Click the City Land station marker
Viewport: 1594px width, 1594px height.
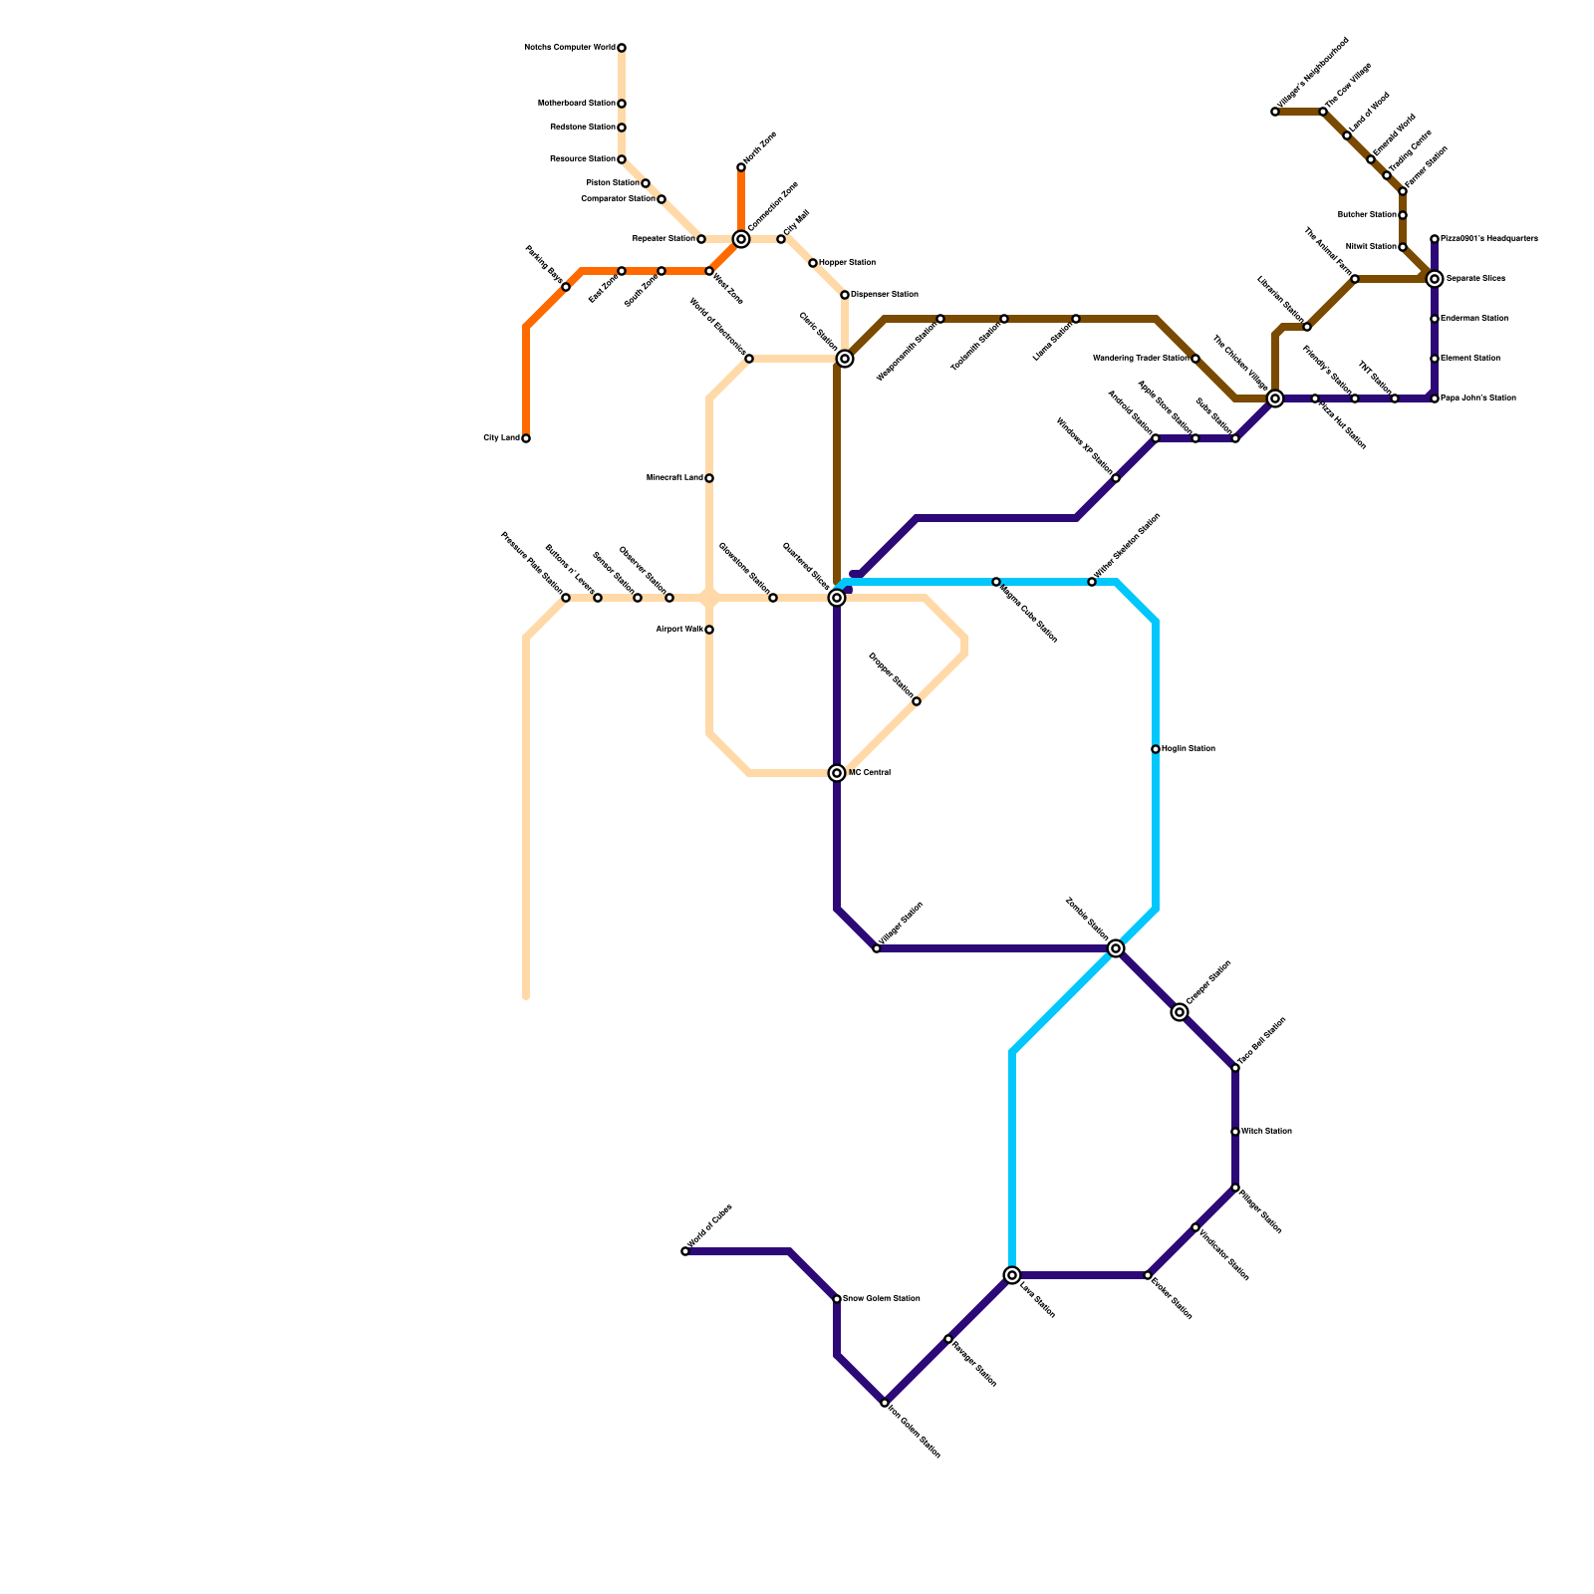click(x=526, y=438)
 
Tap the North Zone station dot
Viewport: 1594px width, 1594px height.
click(x=741, y=167)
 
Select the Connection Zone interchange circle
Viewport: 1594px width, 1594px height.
click(x=741, y=239)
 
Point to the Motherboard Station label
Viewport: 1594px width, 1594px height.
click(x=576, y=104)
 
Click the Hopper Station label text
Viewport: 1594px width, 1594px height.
click(x=847, y=263)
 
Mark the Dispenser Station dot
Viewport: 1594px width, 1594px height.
click(x=845, y=295)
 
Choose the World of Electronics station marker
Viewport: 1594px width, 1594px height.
click(x=749, y=359)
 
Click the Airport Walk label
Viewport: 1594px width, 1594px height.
click(x=679, y=630)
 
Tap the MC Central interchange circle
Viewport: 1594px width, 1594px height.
click(x=837, y=773)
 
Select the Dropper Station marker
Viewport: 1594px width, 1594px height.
click(x=917, y=701)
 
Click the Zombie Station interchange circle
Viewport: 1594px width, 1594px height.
click(x=1116, y=948)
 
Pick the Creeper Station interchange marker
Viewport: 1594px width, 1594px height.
click(x=1180, y=1012)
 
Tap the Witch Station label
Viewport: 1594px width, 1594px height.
click(x=1266, y=1132)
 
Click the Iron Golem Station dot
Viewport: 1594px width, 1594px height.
click(x=885, y=1403)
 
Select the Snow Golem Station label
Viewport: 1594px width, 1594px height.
click(x=881, y=1299)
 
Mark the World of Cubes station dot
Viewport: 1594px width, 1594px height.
click(x=685, y=1251)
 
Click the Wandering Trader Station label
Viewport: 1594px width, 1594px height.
click(x=1141, y=359)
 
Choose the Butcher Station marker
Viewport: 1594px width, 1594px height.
click(x=1403, y=215)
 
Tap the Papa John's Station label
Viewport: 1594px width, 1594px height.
click(x=1478, y=398)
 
